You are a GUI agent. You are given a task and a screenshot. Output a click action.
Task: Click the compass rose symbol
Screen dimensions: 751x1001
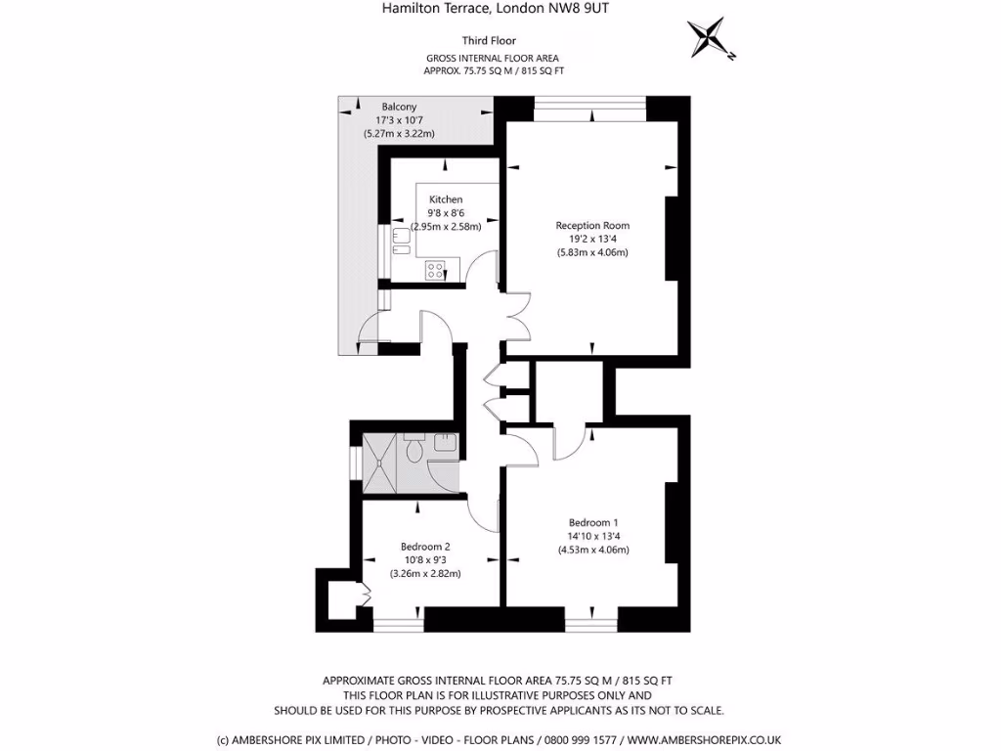[x=710, y=38]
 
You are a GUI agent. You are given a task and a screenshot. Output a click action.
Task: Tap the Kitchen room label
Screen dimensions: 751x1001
[x=446, y=199]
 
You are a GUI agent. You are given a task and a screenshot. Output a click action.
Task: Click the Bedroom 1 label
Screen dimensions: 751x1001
[x=593, y=522]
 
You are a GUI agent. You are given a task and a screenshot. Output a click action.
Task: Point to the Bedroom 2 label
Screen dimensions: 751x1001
[x=425, y=547]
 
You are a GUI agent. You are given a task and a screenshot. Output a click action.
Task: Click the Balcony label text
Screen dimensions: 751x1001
[x=399, y=107]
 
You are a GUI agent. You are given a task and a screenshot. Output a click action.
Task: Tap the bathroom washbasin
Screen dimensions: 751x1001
[x=445, y=443]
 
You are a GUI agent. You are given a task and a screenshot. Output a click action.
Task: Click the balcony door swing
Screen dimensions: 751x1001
[x=369, y=334]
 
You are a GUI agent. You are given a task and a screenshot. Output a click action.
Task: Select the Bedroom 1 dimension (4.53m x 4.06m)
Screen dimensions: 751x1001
[x=593, y=550]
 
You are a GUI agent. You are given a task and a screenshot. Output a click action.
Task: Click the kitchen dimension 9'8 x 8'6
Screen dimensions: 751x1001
[x=446, y=213]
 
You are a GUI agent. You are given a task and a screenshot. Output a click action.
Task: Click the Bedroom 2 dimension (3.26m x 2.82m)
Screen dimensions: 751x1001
[x=425, y=573]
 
